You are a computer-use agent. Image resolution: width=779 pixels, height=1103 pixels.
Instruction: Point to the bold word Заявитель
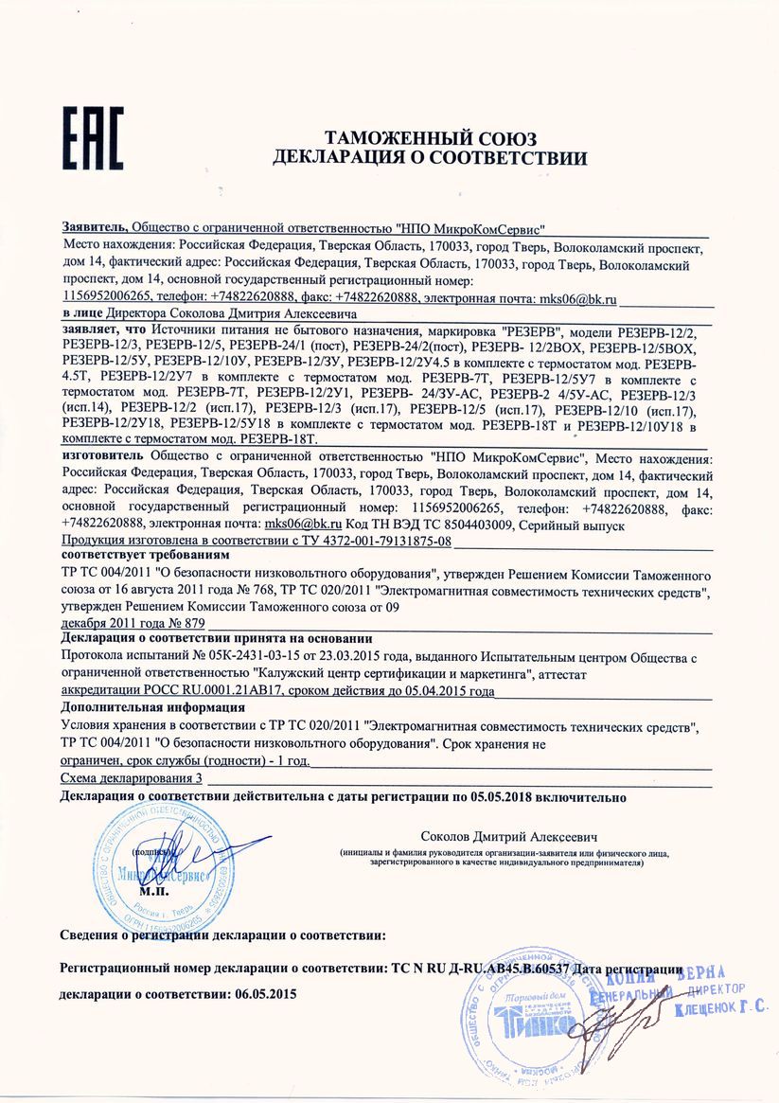point(93,228)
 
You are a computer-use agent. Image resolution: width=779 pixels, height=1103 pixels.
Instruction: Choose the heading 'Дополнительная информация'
point(152,707)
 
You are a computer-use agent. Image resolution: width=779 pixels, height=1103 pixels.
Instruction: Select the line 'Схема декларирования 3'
point(131,777)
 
